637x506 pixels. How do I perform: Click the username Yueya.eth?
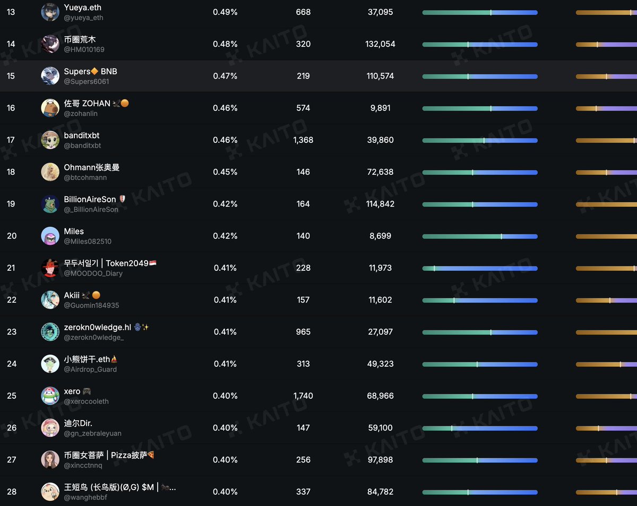(82, 7)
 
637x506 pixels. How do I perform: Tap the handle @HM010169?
(84, 49)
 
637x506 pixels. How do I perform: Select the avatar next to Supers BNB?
(50, 76)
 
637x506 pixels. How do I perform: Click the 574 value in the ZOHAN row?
(303, 108)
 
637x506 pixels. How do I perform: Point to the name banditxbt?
(82, 135)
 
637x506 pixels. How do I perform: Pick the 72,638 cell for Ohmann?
(380, 171)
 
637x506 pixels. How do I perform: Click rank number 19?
(11, 204)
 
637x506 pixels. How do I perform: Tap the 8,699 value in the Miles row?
(380, 236)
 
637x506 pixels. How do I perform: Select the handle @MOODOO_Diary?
(93, 273)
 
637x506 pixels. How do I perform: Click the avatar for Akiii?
(50, 300)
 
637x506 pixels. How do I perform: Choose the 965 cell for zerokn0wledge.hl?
(303, 332)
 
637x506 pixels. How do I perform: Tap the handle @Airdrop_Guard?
(90, 370)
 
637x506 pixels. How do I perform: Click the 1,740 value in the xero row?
(303, 396)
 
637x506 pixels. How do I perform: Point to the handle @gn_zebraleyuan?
(92, 433)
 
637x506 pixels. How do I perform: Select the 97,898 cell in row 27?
(380, 460)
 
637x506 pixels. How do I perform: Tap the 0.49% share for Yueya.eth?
(225, 12)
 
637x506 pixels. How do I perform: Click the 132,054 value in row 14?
(380, 44)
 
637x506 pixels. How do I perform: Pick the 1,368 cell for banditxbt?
(303, 140)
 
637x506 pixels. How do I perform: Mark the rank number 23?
(11, 332)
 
